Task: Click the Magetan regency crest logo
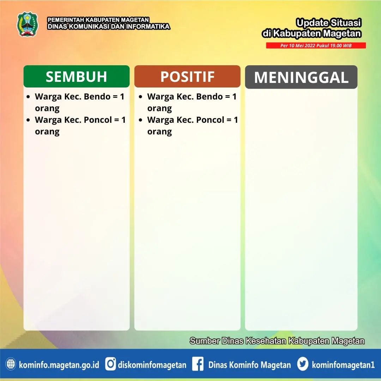[28, 24]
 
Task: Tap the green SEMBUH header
[77, 76]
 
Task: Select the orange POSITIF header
[187, 76]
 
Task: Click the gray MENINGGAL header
[301, 77]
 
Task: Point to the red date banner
[316, 46]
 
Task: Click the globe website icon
[11, 364]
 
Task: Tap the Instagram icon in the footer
[110, 364]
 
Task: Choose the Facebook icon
[198, 364]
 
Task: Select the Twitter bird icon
[303, 364]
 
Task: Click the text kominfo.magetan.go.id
[59, 365]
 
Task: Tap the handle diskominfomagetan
[152, 365]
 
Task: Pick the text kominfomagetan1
[343, 365]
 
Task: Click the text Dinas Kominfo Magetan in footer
[249, 365]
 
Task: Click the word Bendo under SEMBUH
[97, 96]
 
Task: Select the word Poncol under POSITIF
[210, 120]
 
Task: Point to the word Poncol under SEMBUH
[98, 120]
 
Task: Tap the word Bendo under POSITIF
[210, 96]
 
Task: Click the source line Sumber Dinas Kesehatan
[277, 341]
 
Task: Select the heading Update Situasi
[328, 23]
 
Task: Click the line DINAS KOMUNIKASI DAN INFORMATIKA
[109, 26]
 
